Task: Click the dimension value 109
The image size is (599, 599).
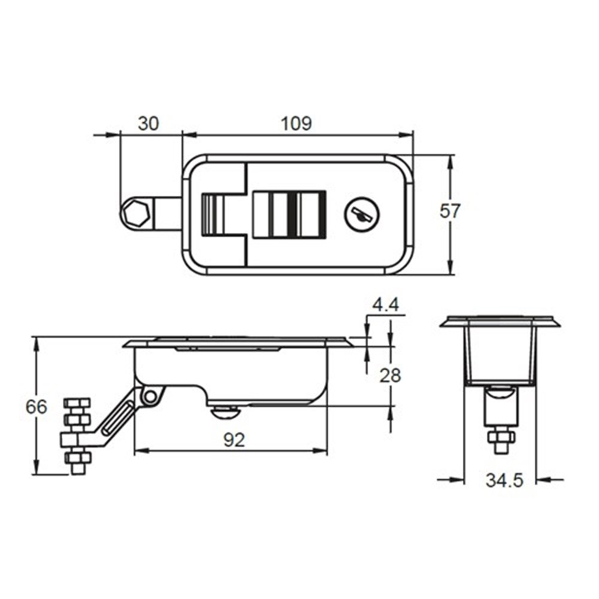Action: pyautogui.click(x=297, y=123)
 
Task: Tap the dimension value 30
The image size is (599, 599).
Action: pyautogui.click(x=149, y=123)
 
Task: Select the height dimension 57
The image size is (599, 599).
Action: pyautogui.click(x=450, y=211)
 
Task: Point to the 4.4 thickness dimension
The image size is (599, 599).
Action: pyautogui.click(x=385, y=305)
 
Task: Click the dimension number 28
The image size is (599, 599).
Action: pyautogui.click(x=390, y=376)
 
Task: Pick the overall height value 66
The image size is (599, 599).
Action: pyautogui.click(x=37, y=407)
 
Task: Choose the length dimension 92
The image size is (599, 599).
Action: pyautogui.click(x=234, y=440)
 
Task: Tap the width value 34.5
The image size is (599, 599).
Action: pyautogui.click(x=504, y=480)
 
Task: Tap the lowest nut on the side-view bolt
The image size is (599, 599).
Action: pyautogui.click(x=77, y=458)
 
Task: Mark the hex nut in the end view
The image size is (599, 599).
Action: pyautogui.click(x=501, y=436)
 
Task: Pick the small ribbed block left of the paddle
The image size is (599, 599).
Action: pyautogui.click(x=212, y=214)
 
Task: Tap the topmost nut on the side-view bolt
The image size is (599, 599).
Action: pyautogui.click(x=77, y=403)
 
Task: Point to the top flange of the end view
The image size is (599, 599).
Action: pyautogui.click(x=500, y=322)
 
